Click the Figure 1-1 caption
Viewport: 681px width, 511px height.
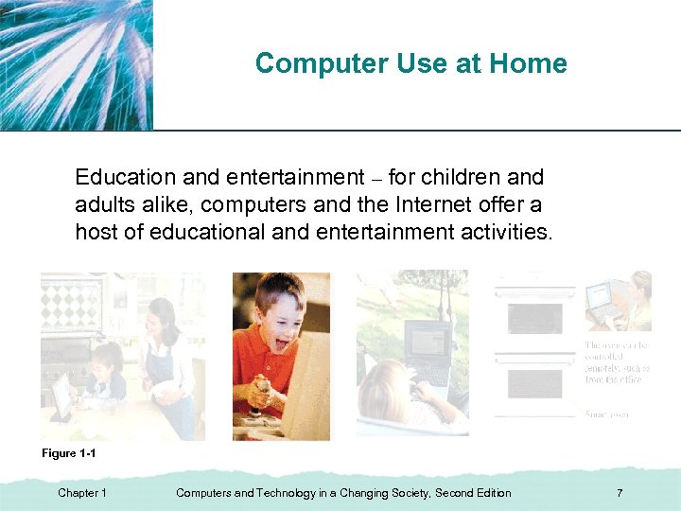pyautogui.click(x=69, y=454)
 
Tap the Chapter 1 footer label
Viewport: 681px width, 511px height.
pyautogui.click(x=82, y=493)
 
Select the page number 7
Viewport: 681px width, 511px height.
pyautogui.click(x=619, y=493)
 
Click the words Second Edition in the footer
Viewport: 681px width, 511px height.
pyautogui.click(x=471, y=493)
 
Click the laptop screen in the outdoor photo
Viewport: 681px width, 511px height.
pyautogui.click(x=427, y=346)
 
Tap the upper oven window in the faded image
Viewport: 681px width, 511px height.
pyautogui.click(x=534, y=319)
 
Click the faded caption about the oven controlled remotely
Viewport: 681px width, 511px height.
pyautogui.click(x=618, y=362)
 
